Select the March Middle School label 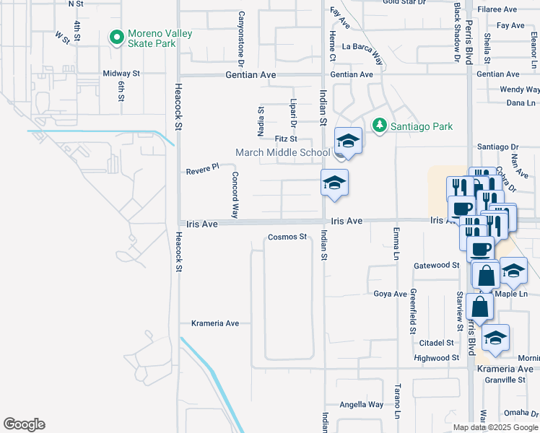[x=283, y=152]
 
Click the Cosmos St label [x=288, y=237]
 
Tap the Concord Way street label [x=235, y=195]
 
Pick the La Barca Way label [x=362, y=47]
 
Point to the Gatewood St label [x=437, y=266]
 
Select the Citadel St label [x=439, y=343]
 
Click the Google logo [x=24, y=424]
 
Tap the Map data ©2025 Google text [x=496, y=427]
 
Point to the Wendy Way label [x=520, y=89]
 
